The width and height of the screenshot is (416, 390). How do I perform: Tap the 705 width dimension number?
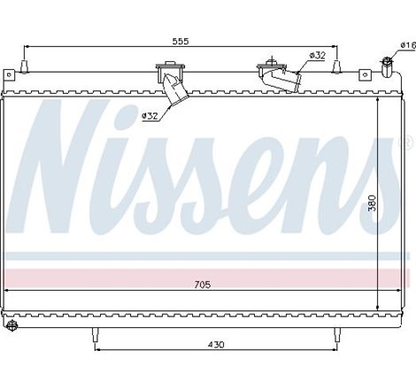[204, 284]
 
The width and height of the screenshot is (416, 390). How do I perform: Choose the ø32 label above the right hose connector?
[316, 56]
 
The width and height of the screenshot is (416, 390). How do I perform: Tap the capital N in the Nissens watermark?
[66, 168]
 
